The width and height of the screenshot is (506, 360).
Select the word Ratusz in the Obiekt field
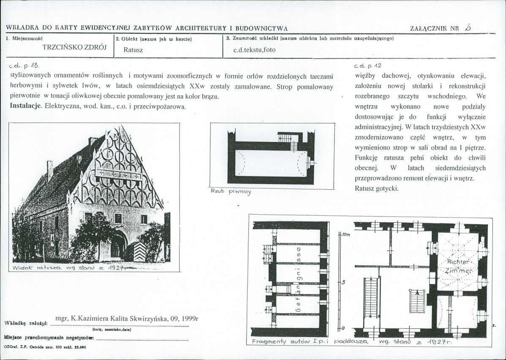[x=133, y=49]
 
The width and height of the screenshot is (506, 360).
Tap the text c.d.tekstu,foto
[x=254, y=49]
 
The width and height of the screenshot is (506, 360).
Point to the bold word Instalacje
[x=25, y=106]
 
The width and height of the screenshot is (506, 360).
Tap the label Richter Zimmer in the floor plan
[x=457, y=266]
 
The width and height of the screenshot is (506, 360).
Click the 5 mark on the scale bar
[x=344, y=282]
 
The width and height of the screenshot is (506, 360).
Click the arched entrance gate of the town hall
[x=118, y=245]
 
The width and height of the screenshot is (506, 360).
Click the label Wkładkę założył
[x=25, y=324]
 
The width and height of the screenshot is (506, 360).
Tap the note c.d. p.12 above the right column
[x=367, y=66]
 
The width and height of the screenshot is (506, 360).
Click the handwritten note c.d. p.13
[x=26, y=66]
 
